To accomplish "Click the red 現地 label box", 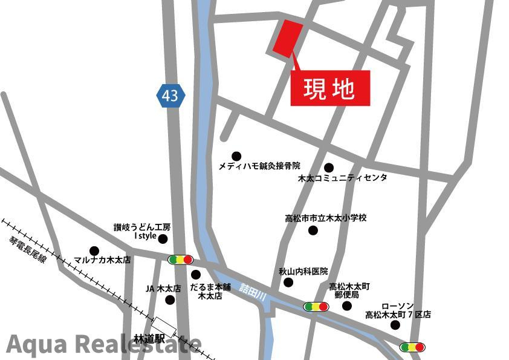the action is click(x=330, y=88).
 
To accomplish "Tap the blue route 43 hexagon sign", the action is click(x=170, y=96).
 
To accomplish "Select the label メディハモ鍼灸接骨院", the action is click(x=259, y=166).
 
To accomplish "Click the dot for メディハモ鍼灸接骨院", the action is click(x=236, y=156).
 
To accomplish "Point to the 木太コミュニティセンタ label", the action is click(x=343, y=178).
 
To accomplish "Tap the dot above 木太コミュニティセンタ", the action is click(x=329, y=168).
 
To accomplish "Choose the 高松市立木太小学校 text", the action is click(x=326, y=218).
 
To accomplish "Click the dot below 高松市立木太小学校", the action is click(x=313, y=230).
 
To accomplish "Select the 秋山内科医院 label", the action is click(x=303, y=272).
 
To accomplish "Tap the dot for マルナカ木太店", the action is click(x=94, y=250).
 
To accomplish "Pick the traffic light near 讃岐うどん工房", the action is click(x=180, y=260).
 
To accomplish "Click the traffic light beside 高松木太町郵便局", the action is click(x=316, y=307).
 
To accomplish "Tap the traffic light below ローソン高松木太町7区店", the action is click(x=412, y=347).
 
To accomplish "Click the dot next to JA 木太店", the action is click(x=170, y=299).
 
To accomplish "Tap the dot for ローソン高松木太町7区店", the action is click(x=395, y=325).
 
